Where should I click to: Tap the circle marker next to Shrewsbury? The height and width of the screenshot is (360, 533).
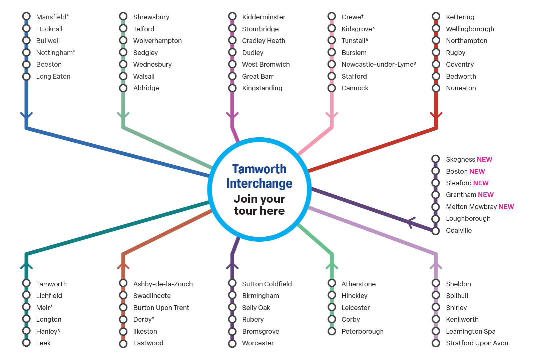123,16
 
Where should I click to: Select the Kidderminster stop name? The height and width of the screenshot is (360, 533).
263,17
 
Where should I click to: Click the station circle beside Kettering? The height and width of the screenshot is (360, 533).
436,16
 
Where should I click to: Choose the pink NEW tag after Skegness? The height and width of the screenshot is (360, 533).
484,159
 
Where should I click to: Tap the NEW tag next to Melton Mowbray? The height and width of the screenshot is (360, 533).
506,207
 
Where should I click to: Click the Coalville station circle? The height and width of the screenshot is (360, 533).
436,231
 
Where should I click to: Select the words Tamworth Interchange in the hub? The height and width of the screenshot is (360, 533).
259,176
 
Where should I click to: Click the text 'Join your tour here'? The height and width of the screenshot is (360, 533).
259,205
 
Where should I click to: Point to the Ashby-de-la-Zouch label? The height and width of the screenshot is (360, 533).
163,284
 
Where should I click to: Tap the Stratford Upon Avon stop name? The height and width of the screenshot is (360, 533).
477,343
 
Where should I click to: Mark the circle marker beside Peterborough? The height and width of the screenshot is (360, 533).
332,331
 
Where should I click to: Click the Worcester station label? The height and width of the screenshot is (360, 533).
258,343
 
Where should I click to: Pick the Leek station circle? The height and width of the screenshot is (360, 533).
26,343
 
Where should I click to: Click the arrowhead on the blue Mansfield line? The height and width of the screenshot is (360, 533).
26,115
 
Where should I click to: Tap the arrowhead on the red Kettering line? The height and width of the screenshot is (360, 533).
436,115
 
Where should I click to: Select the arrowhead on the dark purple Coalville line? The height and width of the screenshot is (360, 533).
410,222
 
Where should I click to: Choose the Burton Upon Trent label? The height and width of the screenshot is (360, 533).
161,308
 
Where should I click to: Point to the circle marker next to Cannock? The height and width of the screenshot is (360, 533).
332,88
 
